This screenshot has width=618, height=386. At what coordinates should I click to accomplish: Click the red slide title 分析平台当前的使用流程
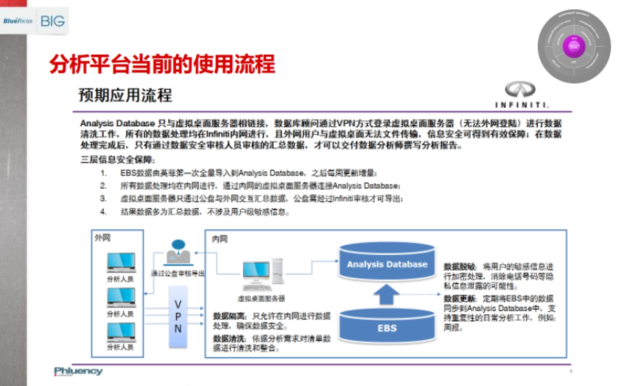tap(162, 65)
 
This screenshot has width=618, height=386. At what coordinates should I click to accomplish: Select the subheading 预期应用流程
tap(125, 95)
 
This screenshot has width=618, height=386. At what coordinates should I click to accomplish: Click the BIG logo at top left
tap(53, 21)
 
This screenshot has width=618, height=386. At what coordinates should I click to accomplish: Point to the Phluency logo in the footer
tap(78, 371)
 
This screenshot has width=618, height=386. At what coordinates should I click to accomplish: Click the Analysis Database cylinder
tap(387, 264)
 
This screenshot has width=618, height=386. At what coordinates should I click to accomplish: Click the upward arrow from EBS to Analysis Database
tap(387, 295)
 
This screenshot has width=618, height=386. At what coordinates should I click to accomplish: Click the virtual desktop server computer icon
tap(262, 276)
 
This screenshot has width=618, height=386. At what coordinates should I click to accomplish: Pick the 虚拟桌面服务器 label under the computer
tap(262, 298)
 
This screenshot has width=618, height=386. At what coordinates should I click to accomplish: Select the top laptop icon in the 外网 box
tap(121, 263)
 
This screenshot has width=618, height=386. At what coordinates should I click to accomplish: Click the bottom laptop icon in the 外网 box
tap(121, 332)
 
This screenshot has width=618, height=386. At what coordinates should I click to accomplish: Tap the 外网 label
tap(102, 238)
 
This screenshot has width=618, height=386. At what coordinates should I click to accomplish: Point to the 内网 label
tap(220, 240)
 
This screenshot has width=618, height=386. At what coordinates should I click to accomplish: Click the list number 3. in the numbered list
tap(103, 198)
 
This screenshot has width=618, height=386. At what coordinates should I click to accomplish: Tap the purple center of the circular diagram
tap(573, 47)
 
